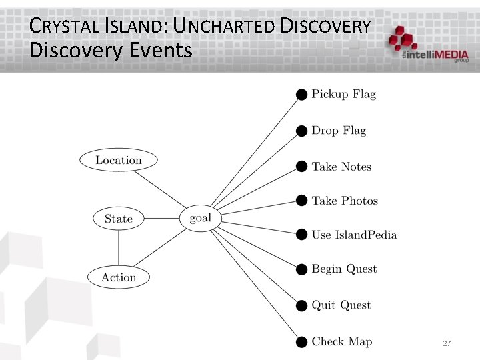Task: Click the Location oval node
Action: (x=119, y=160)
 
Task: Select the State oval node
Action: (x=119, y=219)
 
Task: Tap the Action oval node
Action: (x=119, y=277)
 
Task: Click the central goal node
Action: (x=200, y=218)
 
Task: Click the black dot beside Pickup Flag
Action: (x=302, y=95)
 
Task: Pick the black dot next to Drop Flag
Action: (x=302, y=131)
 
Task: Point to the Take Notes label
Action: (x=341, y=167)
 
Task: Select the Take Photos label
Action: (x=345, y=201)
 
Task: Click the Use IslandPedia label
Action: (x=354, y=235)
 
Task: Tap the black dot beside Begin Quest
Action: (x=302, y=269)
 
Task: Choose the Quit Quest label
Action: (x=341, y=305)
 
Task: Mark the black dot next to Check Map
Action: (x=302, y=342)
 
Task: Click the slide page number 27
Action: (x=447, y=343)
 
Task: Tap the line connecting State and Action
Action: (x=119, y=248)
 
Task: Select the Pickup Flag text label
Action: (x=344, y=94)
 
